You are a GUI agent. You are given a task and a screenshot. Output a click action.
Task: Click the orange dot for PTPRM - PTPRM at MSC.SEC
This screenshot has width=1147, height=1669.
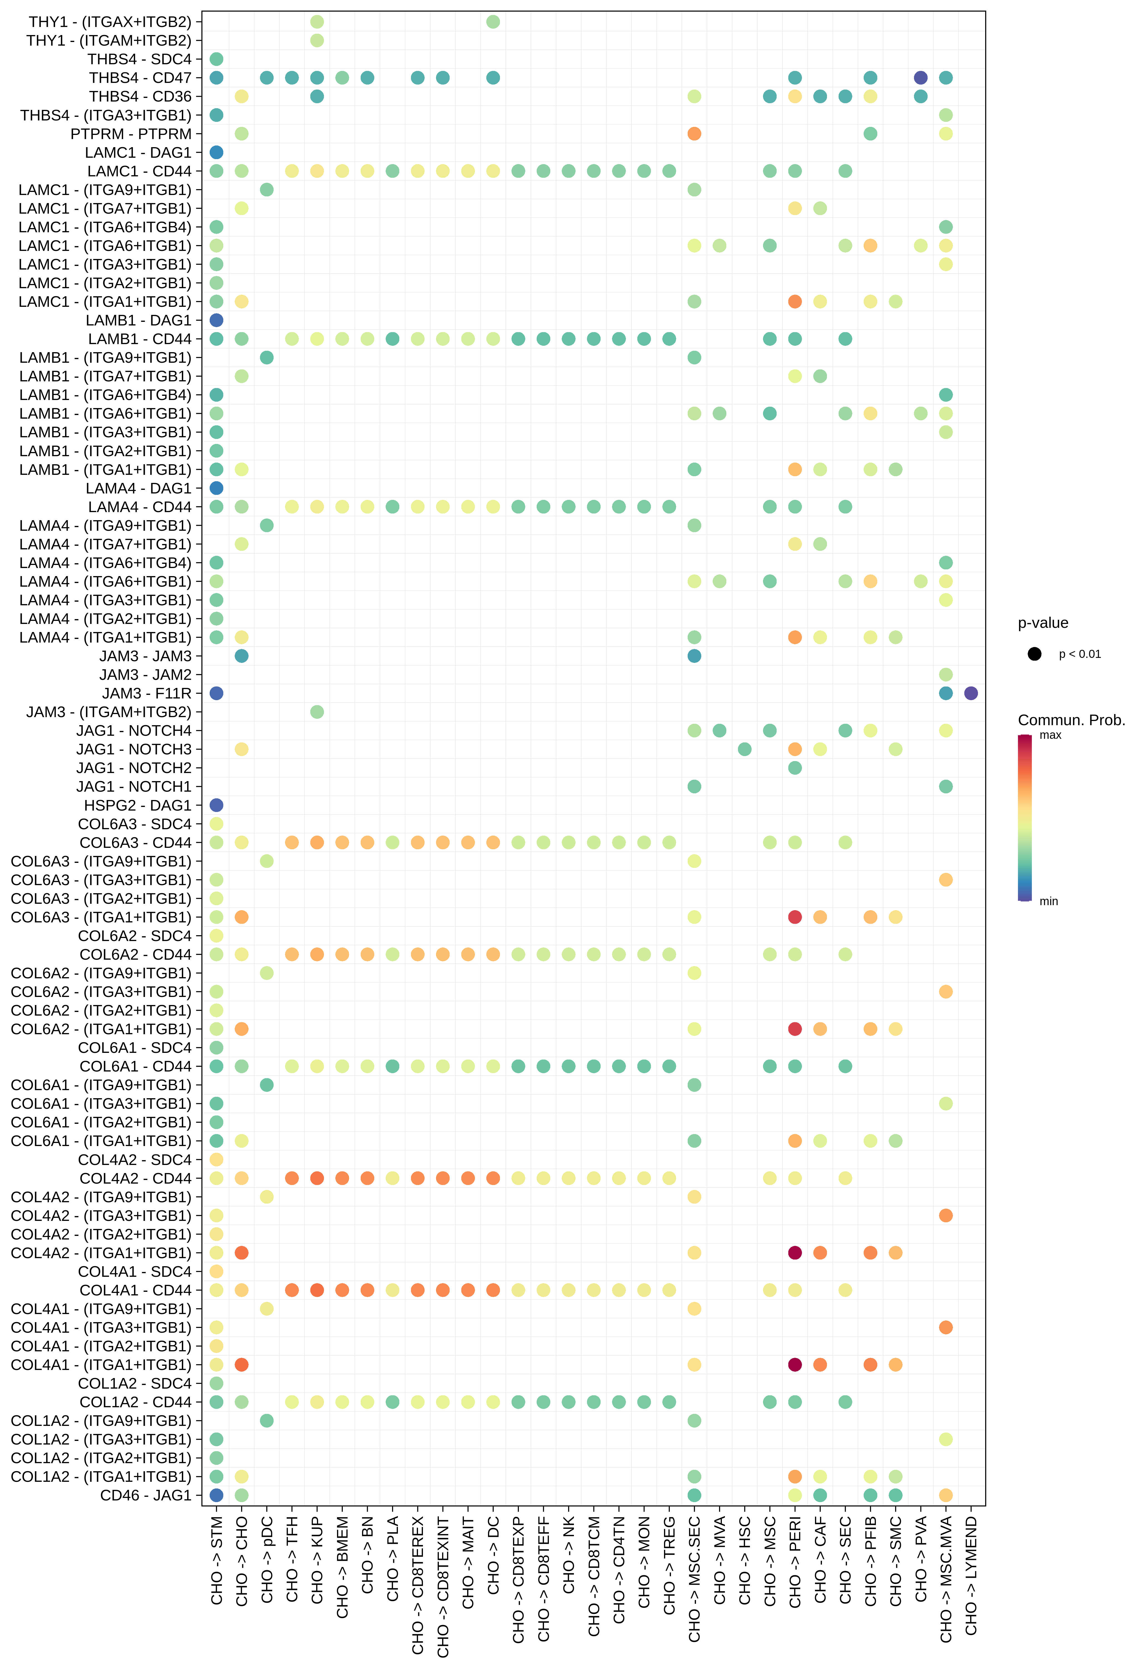coord(694,134)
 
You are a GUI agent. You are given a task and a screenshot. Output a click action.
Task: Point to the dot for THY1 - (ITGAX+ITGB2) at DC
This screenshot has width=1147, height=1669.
coord(493,22)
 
